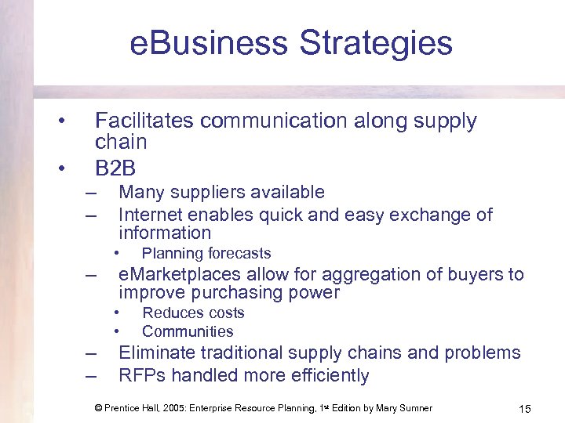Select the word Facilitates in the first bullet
point(143,121)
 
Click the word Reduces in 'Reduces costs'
point(171,313)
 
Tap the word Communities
point(188,331)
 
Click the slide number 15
point(525,409)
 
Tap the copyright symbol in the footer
point(98,408)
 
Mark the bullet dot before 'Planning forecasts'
point(115,253)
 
